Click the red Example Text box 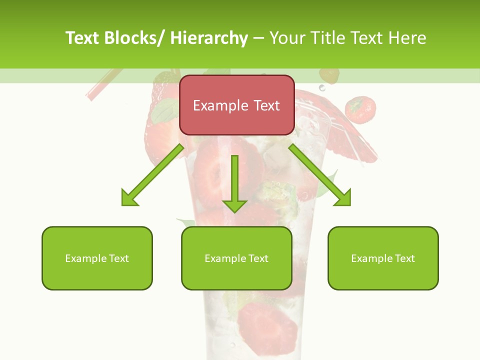click(236, 105)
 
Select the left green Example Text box click(97, 258)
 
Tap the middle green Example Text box click(236, 258)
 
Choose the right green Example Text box click(383, 258)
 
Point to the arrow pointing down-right click(320, 175)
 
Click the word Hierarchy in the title click(208, 38)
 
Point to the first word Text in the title click(83, 38)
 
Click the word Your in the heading click(287, 38)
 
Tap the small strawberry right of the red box click(360, 109)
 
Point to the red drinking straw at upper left click(102, 84)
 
